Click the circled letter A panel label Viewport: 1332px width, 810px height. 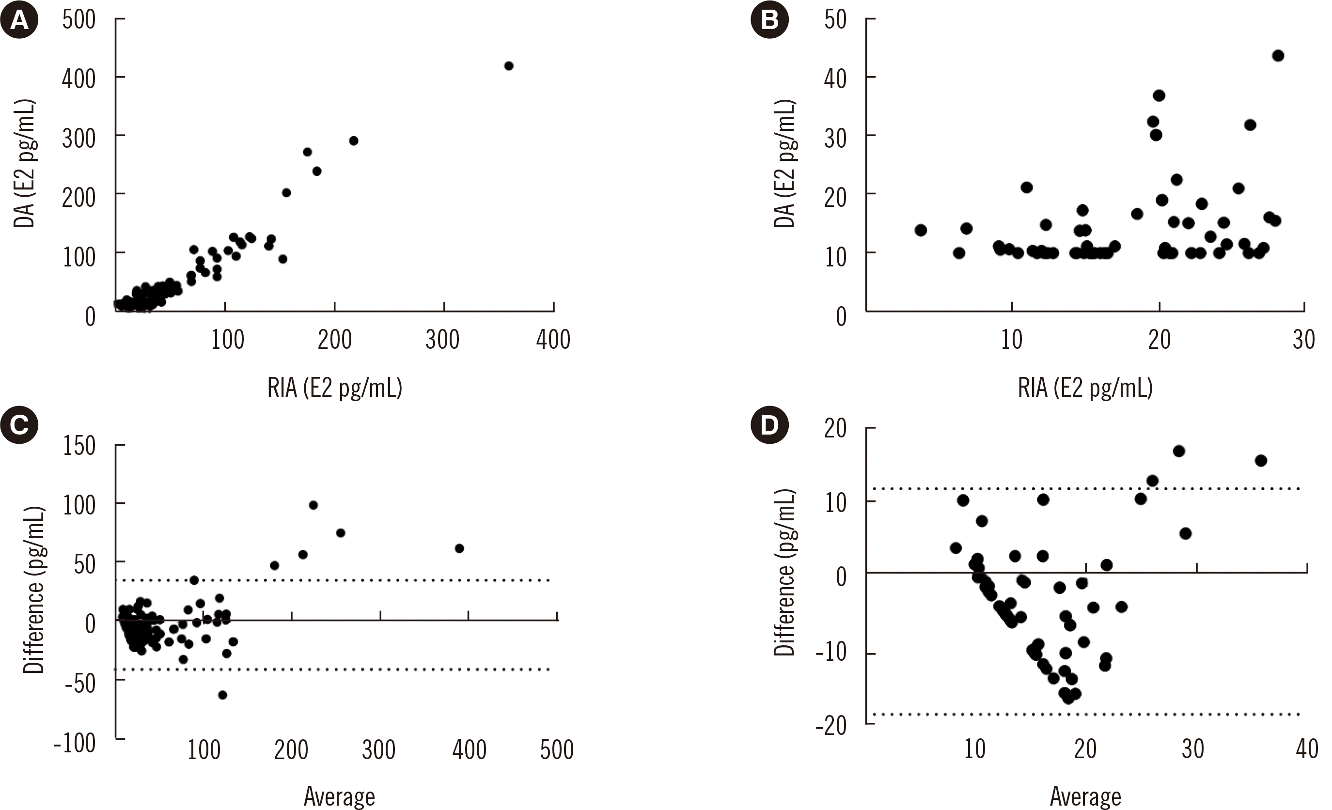coord(19,20)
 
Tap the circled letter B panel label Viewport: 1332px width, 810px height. coord(770,20)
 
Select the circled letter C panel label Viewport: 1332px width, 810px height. coord(19,425)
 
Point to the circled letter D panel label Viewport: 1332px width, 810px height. coord(770,425)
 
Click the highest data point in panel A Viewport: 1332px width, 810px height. coord(508,66)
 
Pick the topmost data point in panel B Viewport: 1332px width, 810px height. coord(1278,56)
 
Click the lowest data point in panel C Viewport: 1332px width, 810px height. coord(222,695)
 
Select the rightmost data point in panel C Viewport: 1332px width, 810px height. coord(459,548)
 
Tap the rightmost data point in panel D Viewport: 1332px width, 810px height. coord(1261,461)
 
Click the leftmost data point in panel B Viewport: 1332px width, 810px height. coord(921,231)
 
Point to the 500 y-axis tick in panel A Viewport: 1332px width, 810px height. coord(79,20)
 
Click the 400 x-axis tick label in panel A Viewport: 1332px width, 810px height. coord(553,341)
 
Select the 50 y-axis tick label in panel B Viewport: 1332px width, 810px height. coord(835,20)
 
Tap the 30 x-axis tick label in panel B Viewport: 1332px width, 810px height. coord(1303,341)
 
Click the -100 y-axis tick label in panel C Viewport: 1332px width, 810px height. coord(75,744)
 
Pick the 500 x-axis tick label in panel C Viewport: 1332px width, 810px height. coord(557,750)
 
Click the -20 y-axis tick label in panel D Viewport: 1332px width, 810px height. coord(831,726)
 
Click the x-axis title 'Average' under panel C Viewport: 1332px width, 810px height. coord(340,796)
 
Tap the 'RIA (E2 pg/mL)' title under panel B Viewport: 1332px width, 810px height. coord(1085,388)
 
